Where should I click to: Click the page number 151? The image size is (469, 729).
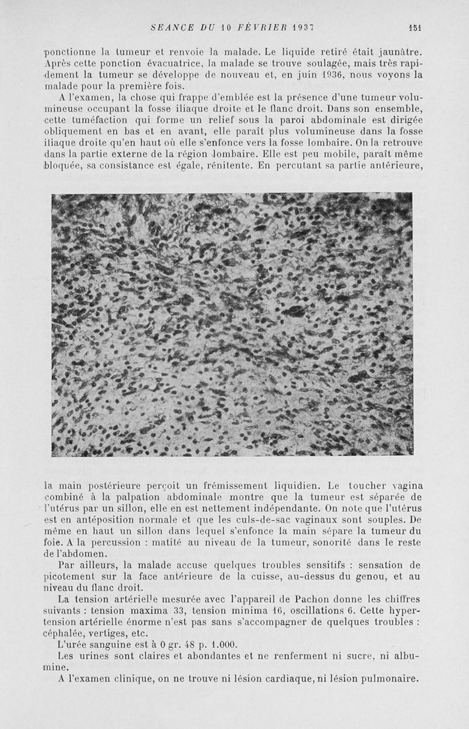417,27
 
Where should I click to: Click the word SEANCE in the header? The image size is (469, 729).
169,27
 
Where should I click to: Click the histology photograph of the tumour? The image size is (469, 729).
232,324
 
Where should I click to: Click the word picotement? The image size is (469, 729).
69,577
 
